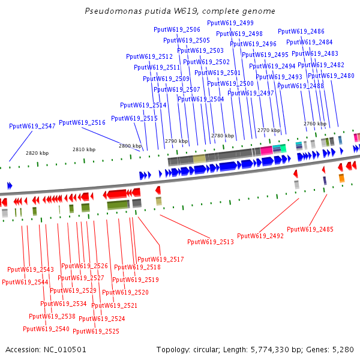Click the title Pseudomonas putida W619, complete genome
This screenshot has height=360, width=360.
(180, 11)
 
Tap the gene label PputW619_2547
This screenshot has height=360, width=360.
(32, 127)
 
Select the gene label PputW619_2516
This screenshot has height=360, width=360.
(82, 122)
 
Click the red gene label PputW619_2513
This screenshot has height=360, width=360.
(211, 242)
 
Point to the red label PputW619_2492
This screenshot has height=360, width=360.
(260, 236)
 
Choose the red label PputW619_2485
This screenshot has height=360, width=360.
(310, 229)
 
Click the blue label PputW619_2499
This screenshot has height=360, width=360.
(230, 23)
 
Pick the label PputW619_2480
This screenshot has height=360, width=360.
(331, 76)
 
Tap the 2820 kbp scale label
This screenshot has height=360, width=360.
(37, 153)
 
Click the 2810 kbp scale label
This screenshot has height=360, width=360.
(84, 149)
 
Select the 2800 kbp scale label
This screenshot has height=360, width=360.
(130, 146)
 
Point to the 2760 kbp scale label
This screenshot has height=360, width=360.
(315, 124)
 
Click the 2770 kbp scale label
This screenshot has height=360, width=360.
(269, 130)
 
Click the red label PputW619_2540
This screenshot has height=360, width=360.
(46, 329)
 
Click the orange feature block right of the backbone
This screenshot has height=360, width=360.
(341, 178)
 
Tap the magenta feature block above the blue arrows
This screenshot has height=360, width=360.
(266, 150)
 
